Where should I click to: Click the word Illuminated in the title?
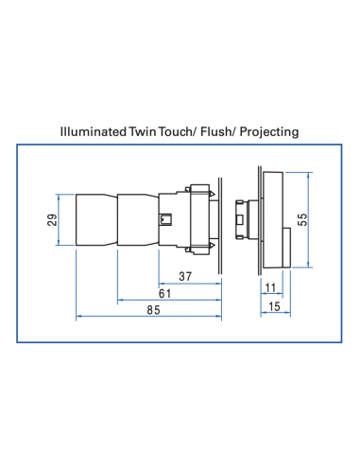[x=93, y=132]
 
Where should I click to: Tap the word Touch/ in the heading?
[x=186, y=132]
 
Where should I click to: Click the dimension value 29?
[x=53, y=221]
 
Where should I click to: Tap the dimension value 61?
[x=164, y=295]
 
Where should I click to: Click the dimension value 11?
[x=269, y=287]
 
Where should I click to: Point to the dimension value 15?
[x=273, y=306]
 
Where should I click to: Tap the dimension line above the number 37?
[x=189, y=286]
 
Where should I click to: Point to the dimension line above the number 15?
[x=272, y=315]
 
